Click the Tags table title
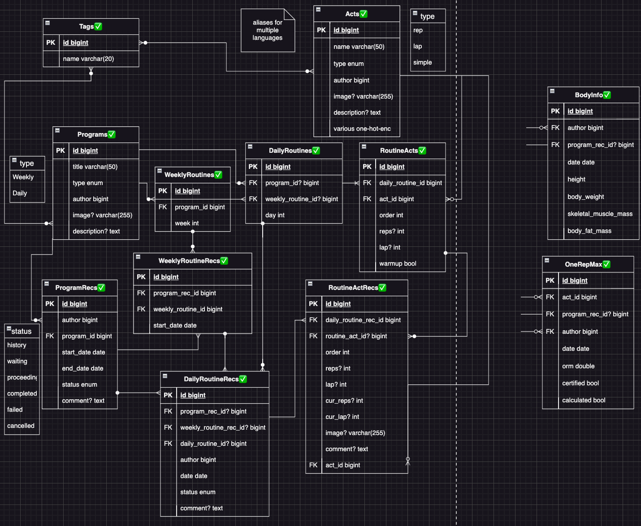tap(86, 26)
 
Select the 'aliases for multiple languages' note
tap(268, 30)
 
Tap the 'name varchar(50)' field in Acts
tap(359, 47)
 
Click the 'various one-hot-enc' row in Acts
tap(362, 129)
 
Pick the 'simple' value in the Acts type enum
tap(422, 62)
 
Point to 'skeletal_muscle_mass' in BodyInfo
tap(600, 214)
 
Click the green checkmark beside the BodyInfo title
tap(607, 95)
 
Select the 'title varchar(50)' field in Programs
tap(95, 167)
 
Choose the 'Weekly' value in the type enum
tap(23, 177)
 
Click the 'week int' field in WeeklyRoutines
tap(186, 223)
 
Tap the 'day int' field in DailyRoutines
tap(275, 215)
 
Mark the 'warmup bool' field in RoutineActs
tap(398, 263)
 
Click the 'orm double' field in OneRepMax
tap(578, 366)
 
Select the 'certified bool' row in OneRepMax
tap(580, 383)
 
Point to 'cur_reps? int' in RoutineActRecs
tap(344, 401)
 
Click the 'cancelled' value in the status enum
tap(21, 426)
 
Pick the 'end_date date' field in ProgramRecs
tap(82, 368)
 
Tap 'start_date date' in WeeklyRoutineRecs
tap(175, 325)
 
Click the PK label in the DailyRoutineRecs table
tap(168, 395)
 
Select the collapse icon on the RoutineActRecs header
tap(310, 284)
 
